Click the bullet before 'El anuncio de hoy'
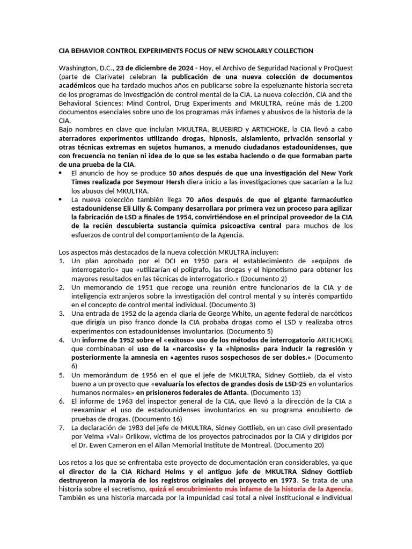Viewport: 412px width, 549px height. click(61, 173)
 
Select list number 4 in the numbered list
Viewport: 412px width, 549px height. click(62, 340)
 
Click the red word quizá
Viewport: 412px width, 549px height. click(159, 489)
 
